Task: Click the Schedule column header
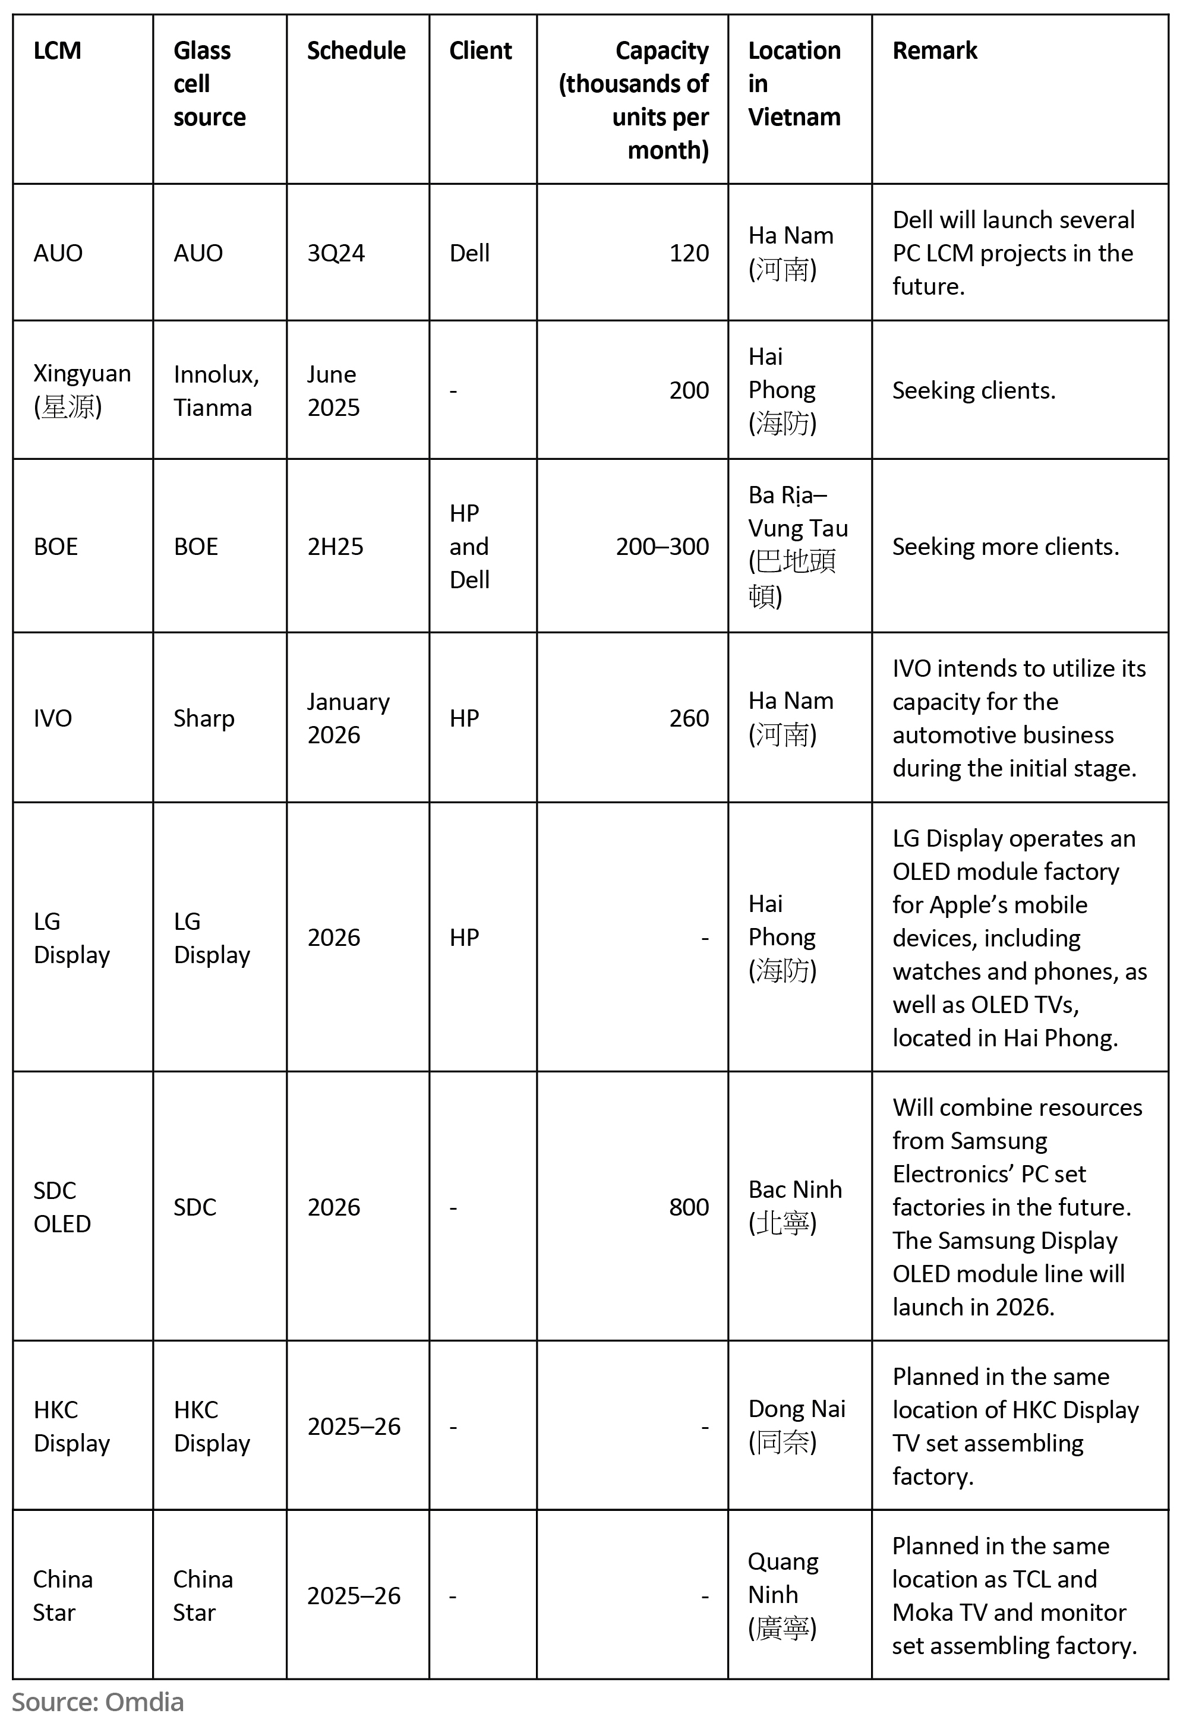[x=356, y=51]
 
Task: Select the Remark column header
[x=934, y=51]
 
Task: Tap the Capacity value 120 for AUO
[x=689, y=253]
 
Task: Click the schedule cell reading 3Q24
[x=336, y=253]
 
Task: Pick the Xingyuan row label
[x=81, y=390]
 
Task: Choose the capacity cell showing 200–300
[x=662, y=547]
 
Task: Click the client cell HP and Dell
[x=469, y=547]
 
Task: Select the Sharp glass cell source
[x=203, y=718]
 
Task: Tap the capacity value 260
[x=689, y=718]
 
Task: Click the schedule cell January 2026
[x=348, y=718]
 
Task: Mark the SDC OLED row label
[x=62, y=1207]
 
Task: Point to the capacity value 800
[x=689, y=1207]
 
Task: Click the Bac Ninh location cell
[x=794, y=1206]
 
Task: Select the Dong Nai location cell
[x=796, y=1425]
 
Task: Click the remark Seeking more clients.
[x=1005, y=547]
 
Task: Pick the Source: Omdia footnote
[x=97, y=1702]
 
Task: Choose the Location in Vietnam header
[x=794, y=83]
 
